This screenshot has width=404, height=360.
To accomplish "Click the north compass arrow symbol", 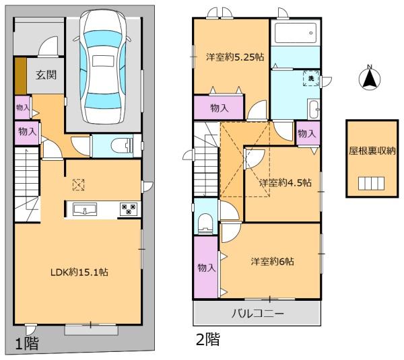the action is [x=370, y=77].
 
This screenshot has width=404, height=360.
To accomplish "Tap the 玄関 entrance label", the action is [x=46, y=75].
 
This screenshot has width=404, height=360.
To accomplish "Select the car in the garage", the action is [x=102, y=67].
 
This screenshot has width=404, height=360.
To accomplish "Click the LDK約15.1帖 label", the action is [x=79, y=273].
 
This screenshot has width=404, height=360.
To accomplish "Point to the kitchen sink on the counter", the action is [x=85, y=209].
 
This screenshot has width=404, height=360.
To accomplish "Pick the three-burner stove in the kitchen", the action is [x=129, y=209].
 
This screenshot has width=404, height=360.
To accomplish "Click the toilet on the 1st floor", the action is [x=122, y=146].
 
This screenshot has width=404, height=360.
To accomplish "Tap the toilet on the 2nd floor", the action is [x=205, y=223].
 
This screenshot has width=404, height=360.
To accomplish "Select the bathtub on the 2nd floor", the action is [x=296, y=33].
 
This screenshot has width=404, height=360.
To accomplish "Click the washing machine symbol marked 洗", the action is [x=311, y=79].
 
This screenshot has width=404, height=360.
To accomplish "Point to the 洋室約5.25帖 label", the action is [x=235, y=57].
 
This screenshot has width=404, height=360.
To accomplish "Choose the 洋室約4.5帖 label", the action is [x=285, y=183].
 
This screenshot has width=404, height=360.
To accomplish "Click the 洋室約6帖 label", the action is [x=273, y=261].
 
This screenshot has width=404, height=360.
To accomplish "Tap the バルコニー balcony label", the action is [x=257, y=314].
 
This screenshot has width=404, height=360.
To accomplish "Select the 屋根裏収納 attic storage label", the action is [x=372, y=151].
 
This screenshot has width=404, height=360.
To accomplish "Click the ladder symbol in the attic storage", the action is [x=371, y=184].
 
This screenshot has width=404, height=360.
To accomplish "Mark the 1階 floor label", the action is [x=27, y=343].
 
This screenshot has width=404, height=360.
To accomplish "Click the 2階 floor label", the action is [x=208, y=339].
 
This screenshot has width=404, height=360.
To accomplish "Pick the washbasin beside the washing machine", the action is [x=314, y=110].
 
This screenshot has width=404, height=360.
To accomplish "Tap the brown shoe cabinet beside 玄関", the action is [x=21, y=76].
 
